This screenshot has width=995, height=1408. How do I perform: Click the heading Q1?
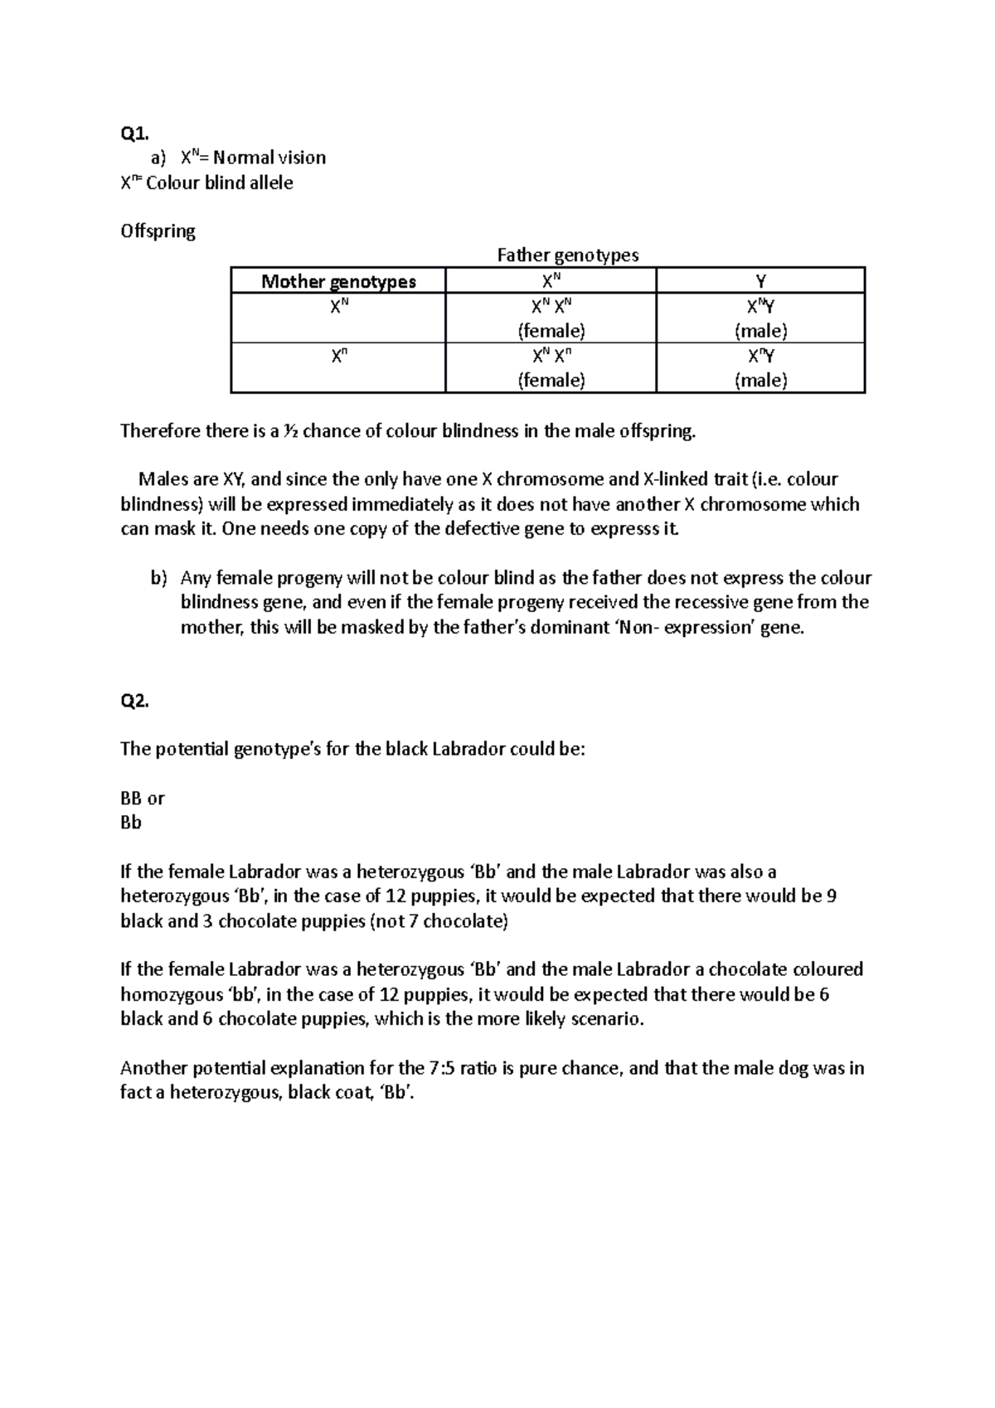[133, 133]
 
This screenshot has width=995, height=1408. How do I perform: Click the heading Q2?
[134, 701]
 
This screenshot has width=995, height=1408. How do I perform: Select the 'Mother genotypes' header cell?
[338, 281]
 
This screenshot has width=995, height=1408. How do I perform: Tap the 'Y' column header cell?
[760, 281]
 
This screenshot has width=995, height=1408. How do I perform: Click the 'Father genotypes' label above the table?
[567, 255]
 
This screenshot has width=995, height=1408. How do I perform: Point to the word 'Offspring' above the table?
[158, 231]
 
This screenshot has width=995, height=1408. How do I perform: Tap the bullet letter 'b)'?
[158, 578]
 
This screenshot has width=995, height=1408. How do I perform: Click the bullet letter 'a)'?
[158, 158]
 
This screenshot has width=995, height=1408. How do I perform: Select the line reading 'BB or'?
[143, 799]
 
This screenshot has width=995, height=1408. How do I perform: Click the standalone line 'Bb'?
[131, 823]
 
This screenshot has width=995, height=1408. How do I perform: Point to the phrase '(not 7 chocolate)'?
[439, 921]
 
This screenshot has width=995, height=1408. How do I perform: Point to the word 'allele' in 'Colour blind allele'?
[269, 182]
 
